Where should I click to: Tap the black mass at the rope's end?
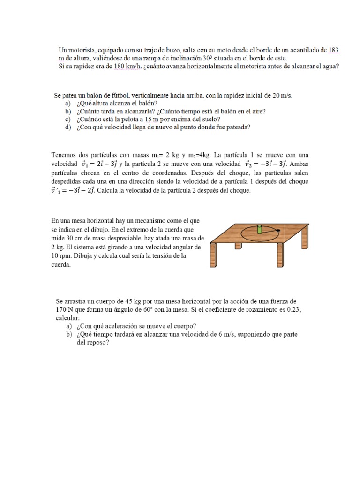coord(278,230)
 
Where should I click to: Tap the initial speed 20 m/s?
coord(281,95)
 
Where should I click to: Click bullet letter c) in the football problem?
coord(68,119)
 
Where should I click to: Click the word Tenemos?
coord(64,155)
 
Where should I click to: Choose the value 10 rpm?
coord(60,255)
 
